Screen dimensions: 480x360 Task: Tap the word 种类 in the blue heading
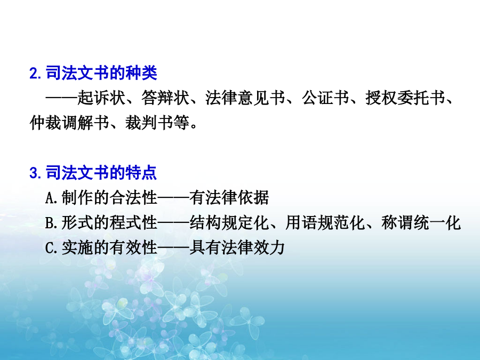pos(141,73)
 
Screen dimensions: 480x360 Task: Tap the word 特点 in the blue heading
pos(141,173)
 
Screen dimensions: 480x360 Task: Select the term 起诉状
pos(101,98)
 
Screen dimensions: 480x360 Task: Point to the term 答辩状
pos(165,98)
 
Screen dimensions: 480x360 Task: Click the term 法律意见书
pos(245,98)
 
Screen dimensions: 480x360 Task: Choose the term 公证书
pos(325,98)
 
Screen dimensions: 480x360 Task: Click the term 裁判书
pos(149,123)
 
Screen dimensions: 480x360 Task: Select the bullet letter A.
pos(49,198)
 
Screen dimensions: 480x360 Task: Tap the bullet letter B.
pos(49,223)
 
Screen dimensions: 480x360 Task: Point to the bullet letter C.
pos(49,247)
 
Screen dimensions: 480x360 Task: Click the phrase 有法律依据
pos(229,197)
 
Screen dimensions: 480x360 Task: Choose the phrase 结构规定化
pos(229,222)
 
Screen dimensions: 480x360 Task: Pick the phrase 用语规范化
pos(325,222)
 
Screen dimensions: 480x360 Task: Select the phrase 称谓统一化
pos(421,222)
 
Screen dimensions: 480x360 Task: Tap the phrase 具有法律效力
pos(237,247)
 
